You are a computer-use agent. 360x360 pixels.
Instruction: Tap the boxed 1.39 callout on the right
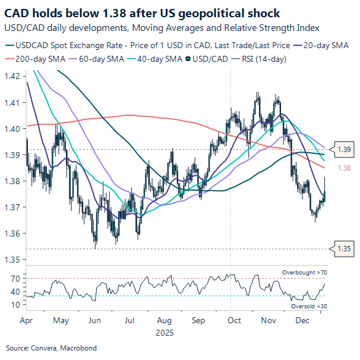pos(344,150)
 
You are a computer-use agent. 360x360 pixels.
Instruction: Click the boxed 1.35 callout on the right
pos(344,249)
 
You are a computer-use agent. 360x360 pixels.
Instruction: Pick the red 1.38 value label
pos(344,168)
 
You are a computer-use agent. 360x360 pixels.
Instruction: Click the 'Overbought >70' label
pos(304,272)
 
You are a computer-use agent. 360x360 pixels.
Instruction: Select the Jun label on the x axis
pos(94,320)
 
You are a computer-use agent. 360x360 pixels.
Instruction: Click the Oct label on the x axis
pos(234,320)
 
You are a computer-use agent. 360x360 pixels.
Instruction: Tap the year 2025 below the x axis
pos(164,333)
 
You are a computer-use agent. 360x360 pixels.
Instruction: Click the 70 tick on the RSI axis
pos(15,278)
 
